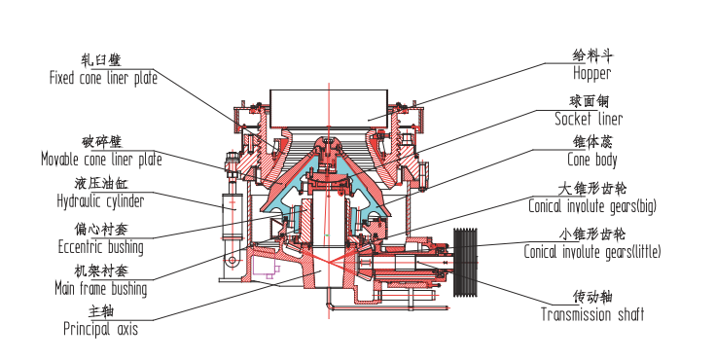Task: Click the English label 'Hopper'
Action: (x=591, y=73)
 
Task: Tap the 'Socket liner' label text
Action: (x=589, y=119)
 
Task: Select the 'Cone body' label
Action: (x=592, y=160)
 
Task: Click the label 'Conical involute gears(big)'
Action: (x=592, y=206)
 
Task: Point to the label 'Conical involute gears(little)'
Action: (x=592, y=252)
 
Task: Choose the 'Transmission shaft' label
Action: (x=592, y=314)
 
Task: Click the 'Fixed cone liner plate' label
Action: (x=104, y=78)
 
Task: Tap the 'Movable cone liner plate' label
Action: (x=101, y=160)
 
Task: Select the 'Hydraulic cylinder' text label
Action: (x=100, y=201)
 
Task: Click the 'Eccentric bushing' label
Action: (x=101, y=247)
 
